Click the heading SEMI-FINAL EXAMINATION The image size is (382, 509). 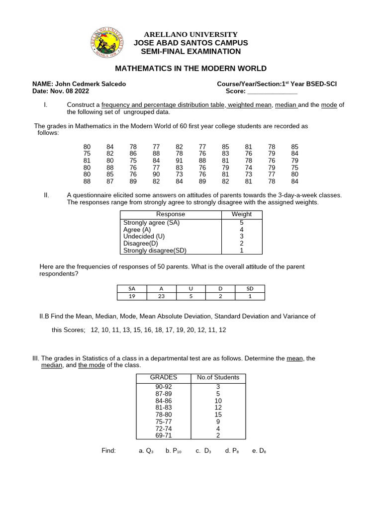pyautogui.click(x=191, y=51)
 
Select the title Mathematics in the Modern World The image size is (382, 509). pyautogui.click(x=191, y=69)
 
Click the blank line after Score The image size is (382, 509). pyautogui.click(x=272, y=91)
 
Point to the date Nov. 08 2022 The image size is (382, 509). pyautogui.click(x=69, y=91)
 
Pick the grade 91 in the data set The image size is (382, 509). pyautogui.click(x=179, y=161)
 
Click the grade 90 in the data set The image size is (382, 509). pyautogui.click(x=156, y=174)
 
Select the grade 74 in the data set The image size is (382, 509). pyautogui.click(x=249, y=168)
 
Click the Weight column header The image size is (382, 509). pyautogui.click(x=242, y=214)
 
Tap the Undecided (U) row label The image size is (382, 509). pyautogui.click(x=144, y=237)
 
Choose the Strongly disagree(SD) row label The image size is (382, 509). pyautogui.click(x=155, y=251)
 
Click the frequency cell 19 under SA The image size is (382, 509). pyautogui.click(x=131, y=296)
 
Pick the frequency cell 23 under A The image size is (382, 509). pyautogui.click(x=161, y=296)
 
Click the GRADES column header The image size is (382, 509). pyautogui.click(x=164, y=377)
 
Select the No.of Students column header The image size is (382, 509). pyautogui.click(x=218, y=377)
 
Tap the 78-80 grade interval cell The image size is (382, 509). pyautogui.click(x=164, y=415)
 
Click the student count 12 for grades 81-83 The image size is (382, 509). pyautogui.click(x=218, y=408)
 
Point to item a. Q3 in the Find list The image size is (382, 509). pyautogui.click(x=146, y=450)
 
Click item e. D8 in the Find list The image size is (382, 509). pyautogui.click(x=259, y=450)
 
